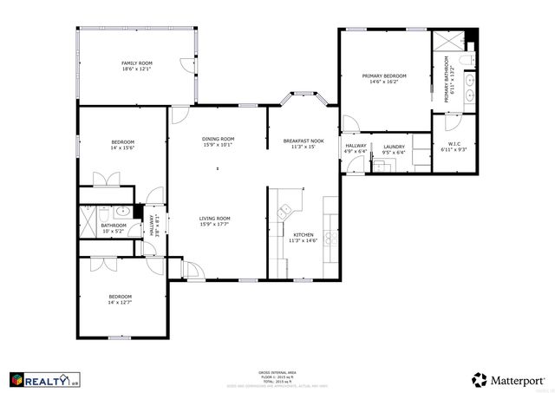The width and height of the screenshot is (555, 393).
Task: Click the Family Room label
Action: tap(136, 66)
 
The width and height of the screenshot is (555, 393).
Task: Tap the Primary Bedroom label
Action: tap(384, 79)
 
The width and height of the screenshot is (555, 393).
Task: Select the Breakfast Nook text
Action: tap(304, 144)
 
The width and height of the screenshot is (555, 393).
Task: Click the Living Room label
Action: tap(214, 221)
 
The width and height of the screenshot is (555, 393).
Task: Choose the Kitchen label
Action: tap(303, 239)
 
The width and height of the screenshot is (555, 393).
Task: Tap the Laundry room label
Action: tap(394, 150)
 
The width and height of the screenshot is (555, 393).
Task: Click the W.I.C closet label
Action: tap(454, 147)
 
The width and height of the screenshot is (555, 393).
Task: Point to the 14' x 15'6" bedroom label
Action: tap(122, 145)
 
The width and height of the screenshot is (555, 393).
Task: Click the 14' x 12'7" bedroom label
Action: tap(120, 298)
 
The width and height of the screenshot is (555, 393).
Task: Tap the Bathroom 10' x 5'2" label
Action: tap(114, 228)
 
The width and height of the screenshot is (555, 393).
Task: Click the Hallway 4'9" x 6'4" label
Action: tap(356, 149)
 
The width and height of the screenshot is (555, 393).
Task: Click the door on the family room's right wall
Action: tap(186, 65)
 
